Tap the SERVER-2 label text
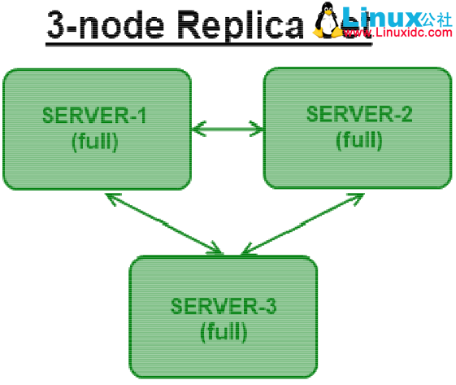click(x=359, y=114)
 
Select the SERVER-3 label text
click(x=224, y=307)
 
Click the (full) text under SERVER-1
click(x=95, y=141)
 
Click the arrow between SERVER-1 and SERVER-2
click(x=227, y=127)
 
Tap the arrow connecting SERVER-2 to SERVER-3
click(x=297, y=223)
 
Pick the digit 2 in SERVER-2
click(x=407, y=114)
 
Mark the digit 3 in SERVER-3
click(x=271, y=307)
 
